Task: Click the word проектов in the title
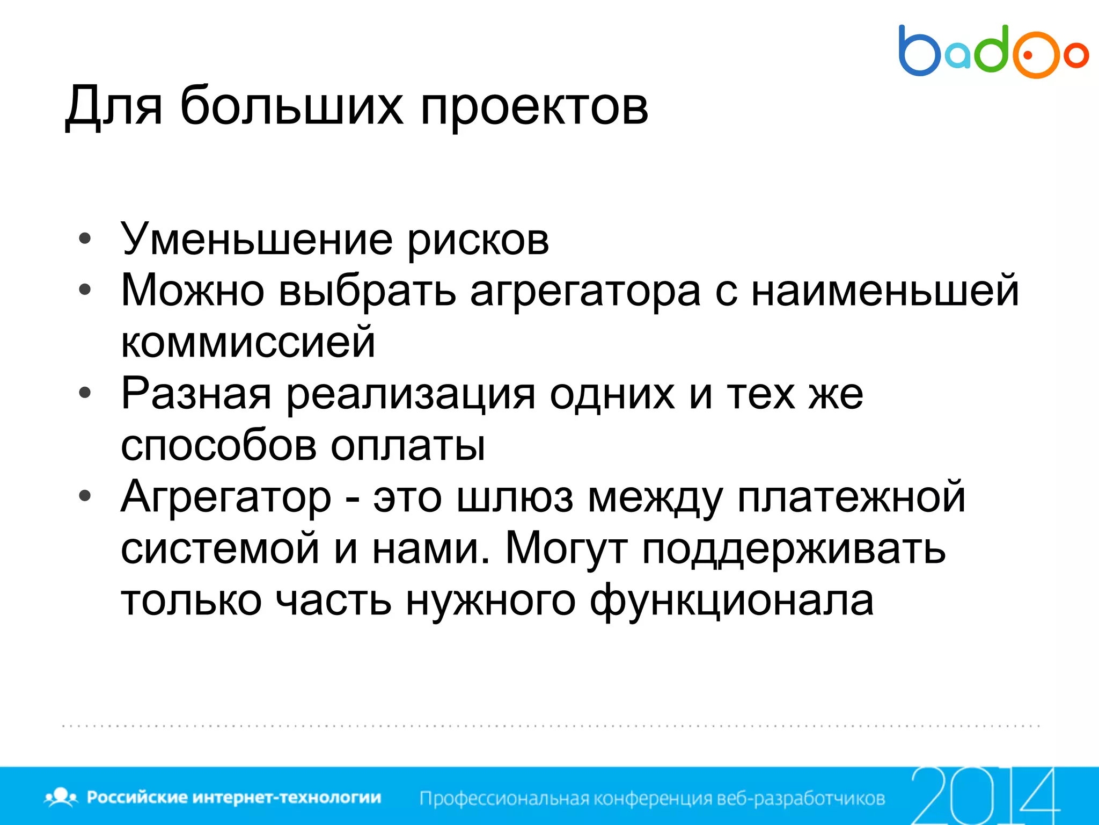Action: (x=534, y=106)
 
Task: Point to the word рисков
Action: (x=478, y=241)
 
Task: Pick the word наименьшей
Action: (x=884, y=291)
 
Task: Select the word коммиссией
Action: (x=248, y=342)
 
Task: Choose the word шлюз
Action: (x=515, y=497)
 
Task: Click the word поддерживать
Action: (x=794, y=549)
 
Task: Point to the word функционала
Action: (x=731, y=601)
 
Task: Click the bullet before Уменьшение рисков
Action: (x=85, y=238)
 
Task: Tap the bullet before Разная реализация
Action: (x=85, y=393)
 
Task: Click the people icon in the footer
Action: (x=61, y=797)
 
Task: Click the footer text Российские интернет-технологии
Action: (x=234, y=797)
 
